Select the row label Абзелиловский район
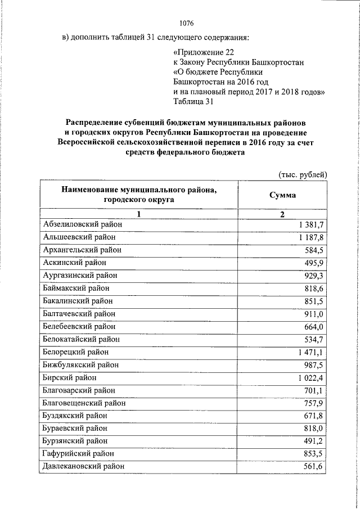coord(82,224)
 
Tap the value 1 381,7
coord(310,224)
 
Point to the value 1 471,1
coord(310,352)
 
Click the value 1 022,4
coord(310,377)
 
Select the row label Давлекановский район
coord(84,466)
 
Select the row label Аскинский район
coord(75,262)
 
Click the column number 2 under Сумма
coord(282,214)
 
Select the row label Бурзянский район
coord(76,440)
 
